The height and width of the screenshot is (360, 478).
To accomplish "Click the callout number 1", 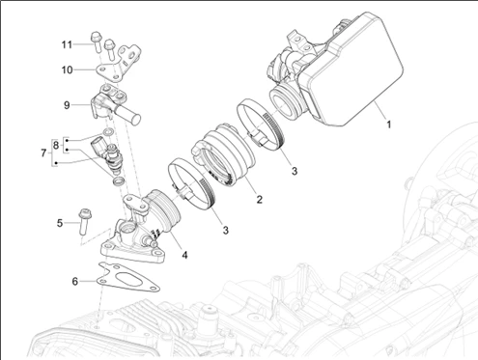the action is coord(389,125).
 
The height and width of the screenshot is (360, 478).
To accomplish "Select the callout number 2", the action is coord(259,199).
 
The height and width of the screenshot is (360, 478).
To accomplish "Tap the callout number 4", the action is coord(184,255).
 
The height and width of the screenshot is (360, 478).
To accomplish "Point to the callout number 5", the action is coord(60,223).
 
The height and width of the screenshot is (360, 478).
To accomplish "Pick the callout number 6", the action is coord(74,282).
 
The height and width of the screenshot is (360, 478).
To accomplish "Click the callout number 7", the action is coord(43,152).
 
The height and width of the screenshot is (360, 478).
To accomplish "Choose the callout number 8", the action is coord(56,145).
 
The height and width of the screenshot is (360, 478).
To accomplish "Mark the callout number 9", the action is coord(67,105).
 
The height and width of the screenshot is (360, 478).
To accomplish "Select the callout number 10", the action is coord(67,69).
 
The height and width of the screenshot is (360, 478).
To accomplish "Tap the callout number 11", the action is coord(67,44).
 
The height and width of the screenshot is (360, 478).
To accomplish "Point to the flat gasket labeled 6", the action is coord(128,279).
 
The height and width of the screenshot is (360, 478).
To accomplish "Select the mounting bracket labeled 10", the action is coord(119,66).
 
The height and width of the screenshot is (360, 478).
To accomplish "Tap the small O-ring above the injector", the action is coord(108,132).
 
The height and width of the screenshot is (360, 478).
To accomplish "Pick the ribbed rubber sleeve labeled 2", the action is coord(224,154).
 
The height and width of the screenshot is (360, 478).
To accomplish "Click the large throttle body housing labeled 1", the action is coord(335,69).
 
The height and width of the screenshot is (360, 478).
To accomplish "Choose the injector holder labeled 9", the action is coord(113,104).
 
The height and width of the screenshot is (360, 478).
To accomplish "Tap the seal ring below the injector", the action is coord(119,181).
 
